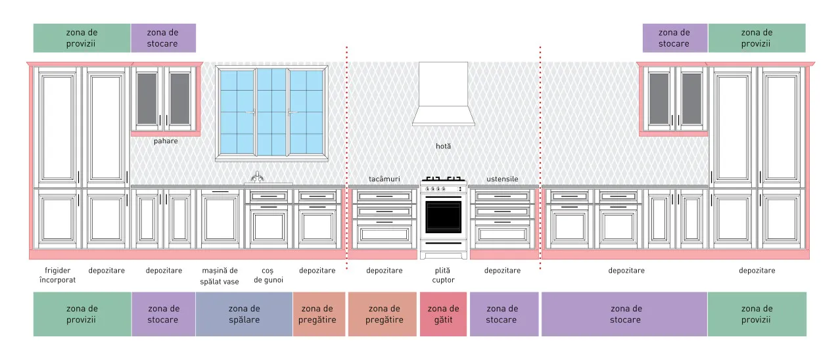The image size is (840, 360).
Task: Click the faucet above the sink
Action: coord(257,177)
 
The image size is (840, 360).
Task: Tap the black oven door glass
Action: coord(443,217)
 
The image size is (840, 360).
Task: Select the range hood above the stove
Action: coord(443,94)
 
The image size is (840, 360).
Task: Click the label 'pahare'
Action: coord(166,141)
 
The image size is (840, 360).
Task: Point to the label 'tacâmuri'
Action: coord(385,179)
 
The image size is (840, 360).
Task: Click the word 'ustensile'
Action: coord(503,179)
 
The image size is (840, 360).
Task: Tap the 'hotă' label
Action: coord(443,146)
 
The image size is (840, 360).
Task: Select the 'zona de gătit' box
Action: coord(443,314)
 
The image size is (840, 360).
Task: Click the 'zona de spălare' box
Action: coord(244,314)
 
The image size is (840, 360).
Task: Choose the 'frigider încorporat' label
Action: coord(57,275)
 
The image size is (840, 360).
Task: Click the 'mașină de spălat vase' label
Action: coord(220,276)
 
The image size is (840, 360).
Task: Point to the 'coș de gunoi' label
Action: coord(268,275)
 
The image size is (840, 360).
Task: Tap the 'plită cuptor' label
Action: coord(443,275)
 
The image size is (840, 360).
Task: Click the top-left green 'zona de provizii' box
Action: coord(82,38)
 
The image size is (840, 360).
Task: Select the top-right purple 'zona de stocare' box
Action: coord(675,38)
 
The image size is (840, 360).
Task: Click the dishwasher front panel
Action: coord(220,219)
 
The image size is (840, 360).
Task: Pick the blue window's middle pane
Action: coord(271,112)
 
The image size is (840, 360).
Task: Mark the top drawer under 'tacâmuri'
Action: coord(385,196)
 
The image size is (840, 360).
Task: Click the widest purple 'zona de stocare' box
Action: coord(624,314)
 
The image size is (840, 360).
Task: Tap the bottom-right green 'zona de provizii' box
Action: coord(757,314)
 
